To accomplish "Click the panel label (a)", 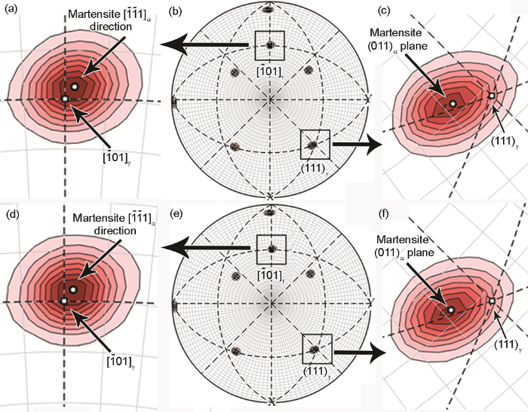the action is (x=11, y=10).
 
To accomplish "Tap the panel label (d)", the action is (x=11, y=214).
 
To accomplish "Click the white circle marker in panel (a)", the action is (x=75, y=87).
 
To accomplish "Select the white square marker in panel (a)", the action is (x=65, y=99).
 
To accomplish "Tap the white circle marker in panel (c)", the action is (x=453, y=104).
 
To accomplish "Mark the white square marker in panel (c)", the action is (x=492, y=96).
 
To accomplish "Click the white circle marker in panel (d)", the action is (x=73, y=289).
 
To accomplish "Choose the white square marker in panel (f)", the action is (x=492, y=301).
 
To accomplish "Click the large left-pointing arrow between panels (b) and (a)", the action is (x=205, y=44).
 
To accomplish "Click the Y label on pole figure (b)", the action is (x=369, y=99).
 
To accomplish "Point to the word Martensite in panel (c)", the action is (x=396, y=32).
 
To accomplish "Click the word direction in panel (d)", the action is (x=115, y=230).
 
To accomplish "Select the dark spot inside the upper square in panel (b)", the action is (x=270, y=45).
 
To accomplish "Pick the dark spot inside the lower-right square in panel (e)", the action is (x=315, y=349).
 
